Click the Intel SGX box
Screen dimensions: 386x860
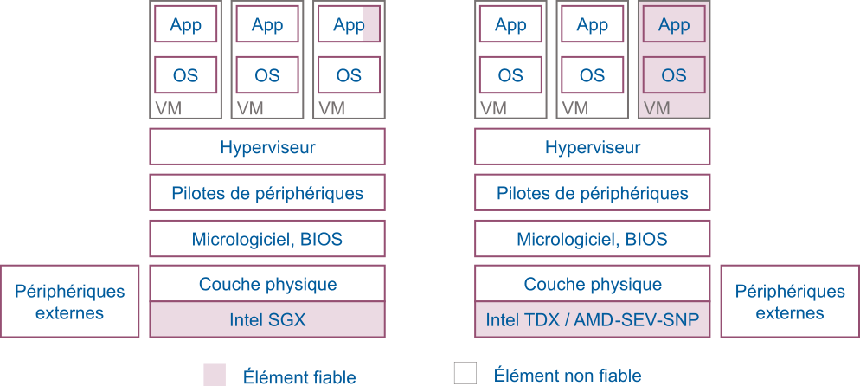267,320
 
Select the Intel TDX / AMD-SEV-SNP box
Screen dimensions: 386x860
592,320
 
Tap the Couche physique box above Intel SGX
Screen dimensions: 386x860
267,284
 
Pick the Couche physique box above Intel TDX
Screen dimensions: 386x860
592,284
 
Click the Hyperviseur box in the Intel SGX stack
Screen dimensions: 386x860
267,147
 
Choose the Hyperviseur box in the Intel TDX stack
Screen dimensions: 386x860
592,147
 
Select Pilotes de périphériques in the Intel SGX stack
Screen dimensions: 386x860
267,193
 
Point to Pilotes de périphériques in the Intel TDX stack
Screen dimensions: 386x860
592,193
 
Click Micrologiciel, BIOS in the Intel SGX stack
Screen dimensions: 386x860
267,239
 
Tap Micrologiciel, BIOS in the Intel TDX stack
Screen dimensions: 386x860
592,239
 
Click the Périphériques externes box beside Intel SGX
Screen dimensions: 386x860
69,301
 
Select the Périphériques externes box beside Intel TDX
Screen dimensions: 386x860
789,301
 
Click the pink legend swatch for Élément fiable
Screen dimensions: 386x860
215,375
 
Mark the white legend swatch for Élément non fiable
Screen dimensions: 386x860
465,373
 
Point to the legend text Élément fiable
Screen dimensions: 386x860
299,376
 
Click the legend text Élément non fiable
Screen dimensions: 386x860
567,375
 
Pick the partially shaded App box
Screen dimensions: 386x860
349,25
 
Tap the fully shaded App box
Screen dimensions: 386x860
674,25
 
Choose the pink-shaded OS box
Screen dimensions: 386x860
674,75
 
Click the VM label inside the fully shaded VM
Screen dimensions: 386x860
657,108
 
